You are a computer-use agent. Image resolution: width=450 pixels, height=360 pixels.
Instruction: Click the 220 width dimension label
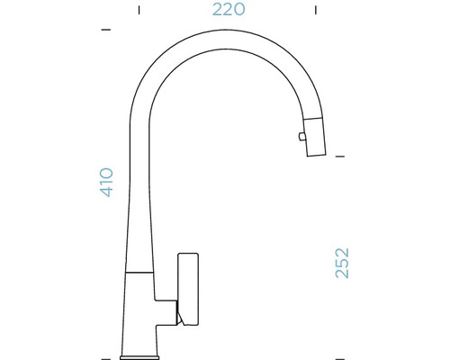point(229,11)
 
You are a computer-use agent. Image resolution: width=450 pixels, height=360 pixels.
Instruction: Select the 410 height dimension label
point(106,183)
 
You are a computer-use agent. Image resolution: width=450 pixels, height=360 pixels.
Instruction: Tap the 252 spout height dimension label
point(342,262)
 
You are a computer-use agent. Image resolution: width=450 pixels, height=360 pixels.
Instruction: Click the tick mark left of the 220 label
point(139,11)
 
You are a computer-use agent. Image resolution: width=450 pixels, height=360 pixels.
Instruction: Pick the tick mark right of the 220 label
point(316,11)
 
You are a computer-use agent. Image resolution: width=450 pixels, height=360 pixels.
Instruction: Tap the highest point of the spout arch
point(219,31)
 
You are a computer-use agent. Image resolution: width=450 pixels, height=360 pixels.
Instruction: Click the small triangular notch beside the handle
point(177,314)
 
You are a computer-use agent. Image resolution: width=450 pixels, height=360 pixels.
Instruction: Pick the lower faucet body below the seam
point(140,310)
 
